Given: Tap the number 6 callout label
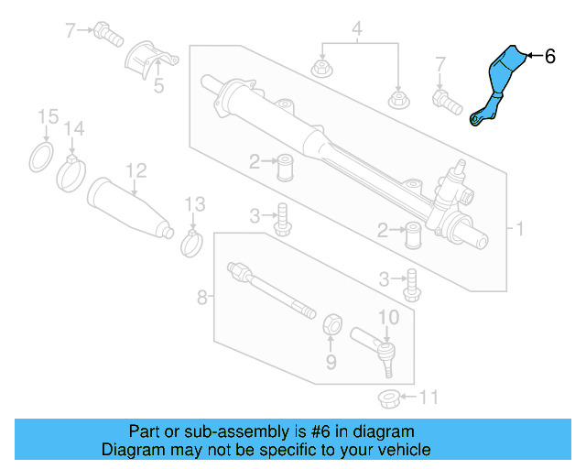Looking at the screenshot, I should point(549,57).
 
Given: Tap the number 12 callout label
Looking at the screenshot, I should point(136,169).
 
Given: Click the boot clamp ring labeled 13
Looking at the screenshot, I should point(192,243).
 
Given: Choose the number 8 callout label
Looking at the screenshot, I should point(201,297).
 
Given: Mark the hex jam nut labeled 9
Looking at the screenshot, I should point(332,323).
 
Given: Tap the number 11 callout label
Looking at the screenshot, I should point(429,398).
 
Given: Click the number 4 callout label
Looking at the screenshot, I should point(358,27).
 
